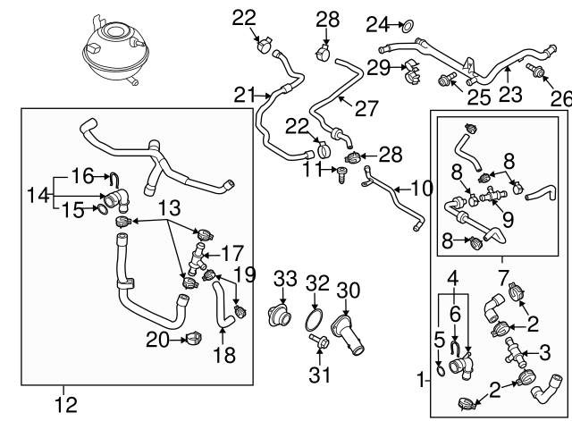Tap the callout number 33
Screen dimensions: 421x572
284,279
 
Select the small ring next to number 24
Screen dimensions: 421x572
407,23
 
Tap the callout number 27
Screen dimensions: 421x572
366,108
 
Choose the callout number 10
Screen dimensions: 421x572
420,189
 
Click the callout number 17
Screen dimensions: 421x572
231,253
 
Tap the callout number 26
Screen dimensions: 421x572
559,97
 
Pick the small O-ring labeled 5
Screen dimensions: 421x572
442,367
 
